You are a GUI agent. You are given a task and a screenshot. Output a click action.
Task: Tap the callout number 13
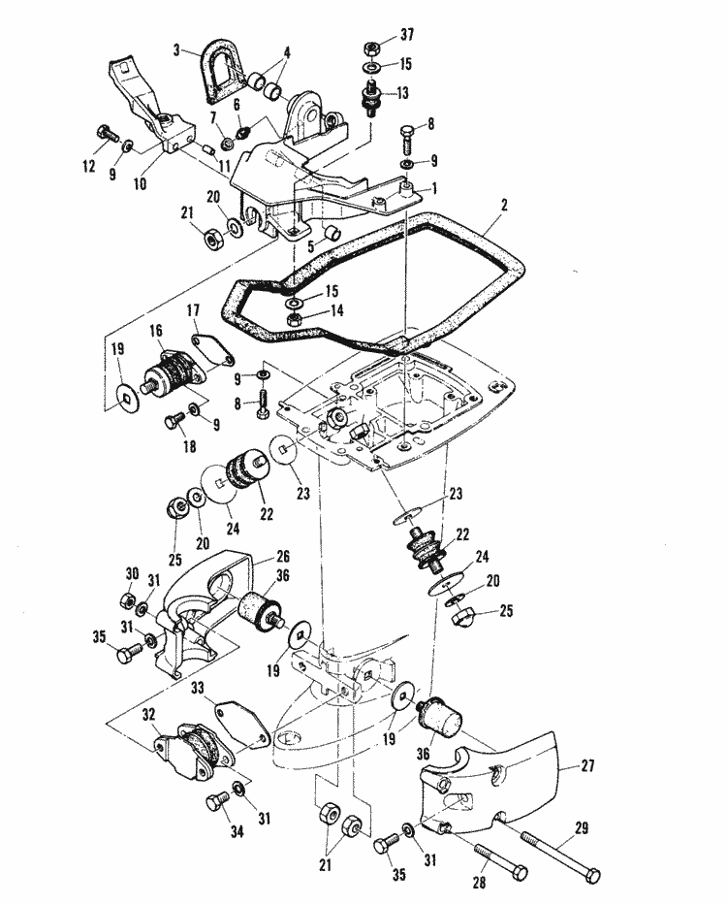(x=401, y=92)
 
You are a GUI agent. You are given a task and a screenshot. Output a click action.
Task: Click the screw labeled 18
(x=174, y=419)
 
